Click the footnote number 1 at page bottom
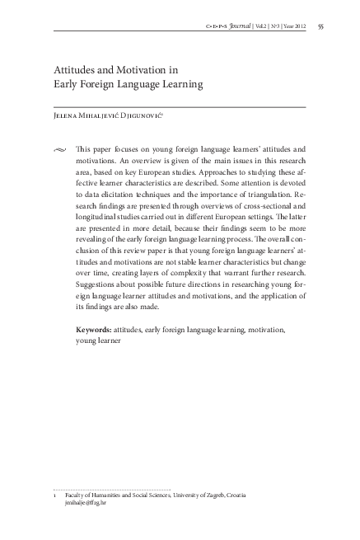(54, 495)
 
